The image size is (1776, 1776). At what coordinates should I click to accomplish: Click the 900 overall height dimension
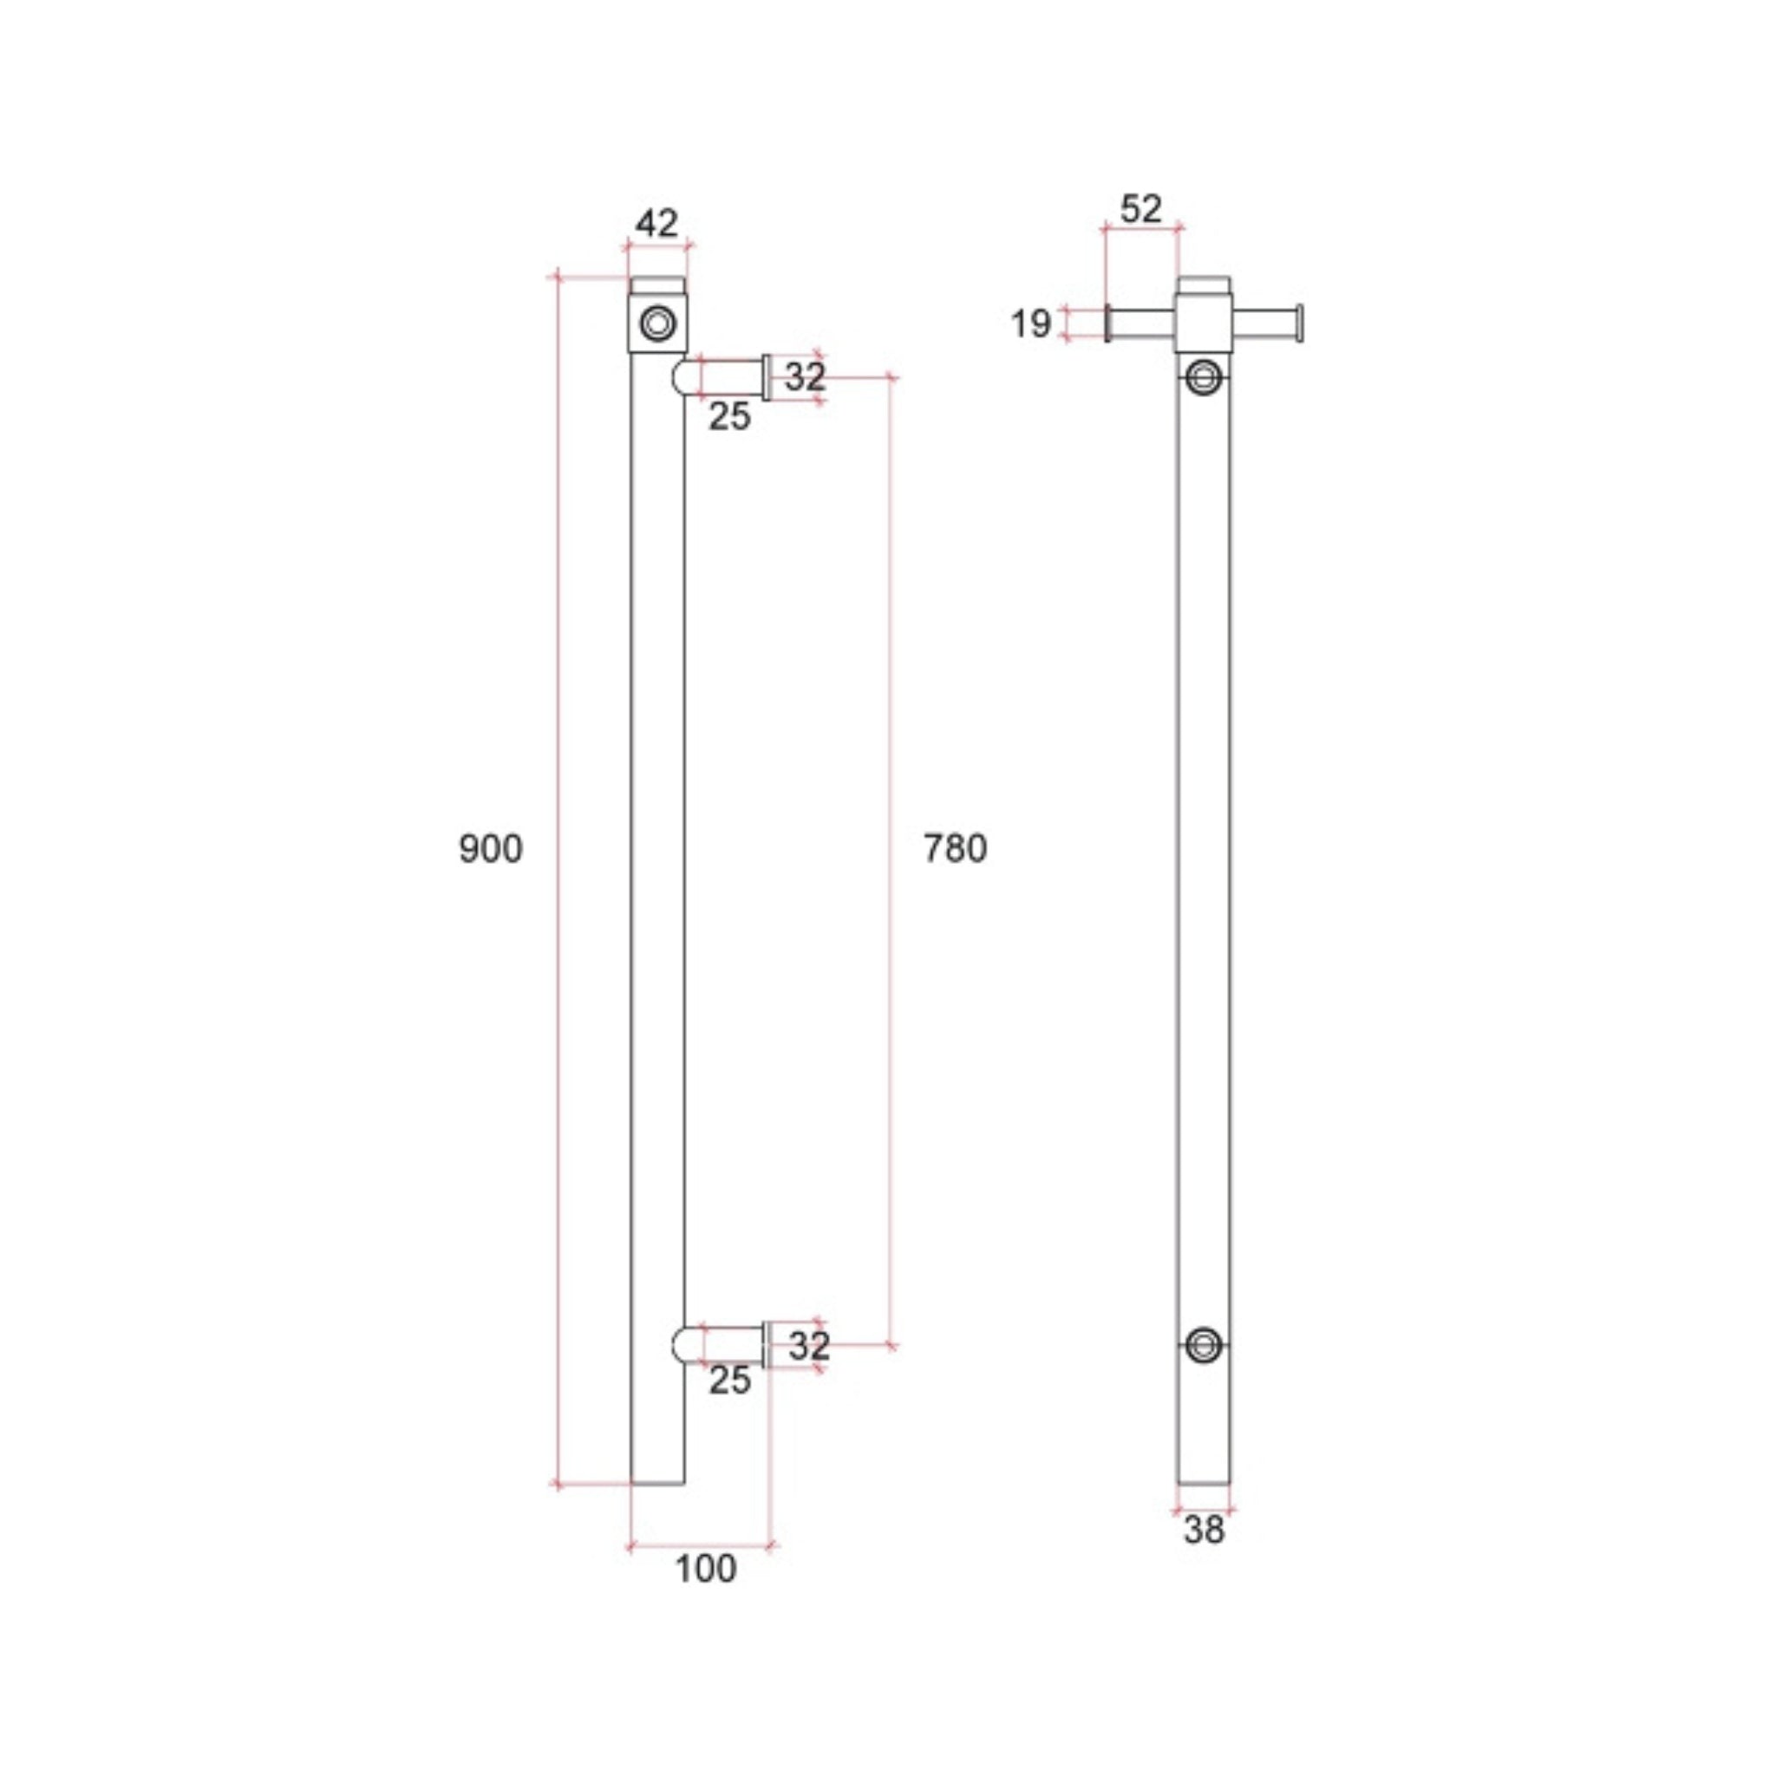(490, 848)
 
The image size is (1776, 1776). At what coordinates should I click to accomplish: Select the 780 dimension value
(955, 848)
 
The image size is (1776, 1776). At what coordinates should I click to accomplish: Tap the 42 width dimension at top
(656, 224)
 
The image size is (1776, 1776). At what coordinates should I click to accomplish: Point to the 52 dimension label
(1141, 210)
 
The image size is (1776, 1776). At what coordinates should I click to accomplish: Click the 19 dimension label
(1029, 323)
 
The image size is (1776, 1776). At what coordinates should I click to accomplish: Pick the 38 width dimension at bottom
(1204, 1531)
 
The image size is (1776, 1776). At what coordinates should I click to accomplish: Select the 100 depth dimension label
(705, 1569)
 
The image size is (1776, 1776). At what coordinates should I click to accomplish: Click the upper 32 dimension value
(806, 376)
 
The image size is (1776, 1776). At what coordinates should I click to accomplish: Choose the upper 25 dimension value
(729, 417)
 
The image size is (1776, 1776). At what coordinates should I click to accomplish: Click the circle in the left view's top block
(658, 323)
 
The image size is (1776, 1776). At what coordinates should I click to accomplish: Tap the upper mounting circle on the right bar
(1204, 376)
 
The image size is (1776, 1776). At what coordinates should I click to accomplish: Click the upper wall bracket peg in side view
(726, 377)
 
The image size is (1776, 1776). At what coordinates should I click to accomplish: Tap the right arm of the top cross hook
(1266, 323)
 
